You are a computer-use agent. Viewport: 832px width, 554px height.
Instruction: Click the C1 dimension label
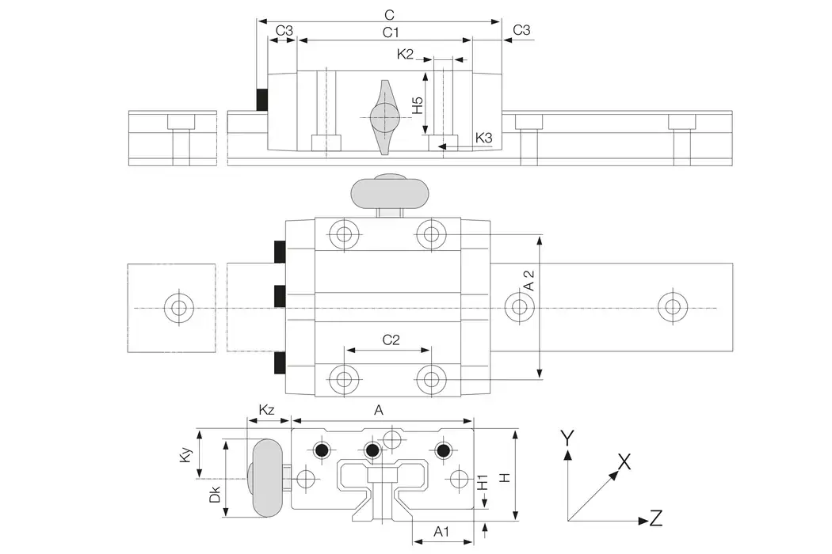(x=390, y=32)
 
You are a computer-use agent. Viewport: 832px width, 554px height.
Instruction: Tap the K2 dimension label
(x=406, y=54)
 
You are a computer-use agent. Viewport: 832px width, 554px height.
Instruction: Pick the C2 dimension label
(x=391, y=340)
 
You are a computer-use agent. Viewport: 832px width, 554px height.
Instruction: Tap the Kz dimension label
(x=267, y=410)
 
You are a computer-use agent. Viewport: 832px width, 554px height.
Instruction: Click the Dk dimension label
(x=214, y=495)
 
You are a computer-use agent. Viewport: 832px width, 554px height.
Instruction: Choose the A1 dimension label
(x=442, y=532)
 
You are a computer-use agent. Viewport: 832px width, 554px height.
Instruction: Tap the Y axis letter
(x=567, y=436)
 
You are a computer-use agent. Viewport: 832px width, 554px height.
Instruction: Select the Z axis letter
(x=655, y=519)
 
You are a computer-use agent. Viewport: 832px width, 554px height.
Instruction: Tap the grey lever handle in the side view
(x=384, y=117)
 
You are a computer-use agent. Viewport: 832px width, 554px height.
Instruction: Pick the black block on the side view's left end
(x=261, y=99)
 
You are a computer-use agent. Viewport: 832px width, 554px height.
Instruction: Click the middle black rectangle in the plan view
(x=280, y=295)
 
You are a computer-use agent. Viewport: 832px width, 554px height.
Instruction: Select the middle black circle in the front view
(x=372, y=450)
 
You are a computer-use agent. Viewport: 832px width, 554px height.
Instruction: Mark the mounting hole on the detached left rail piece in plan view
(x=178, y=307)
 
